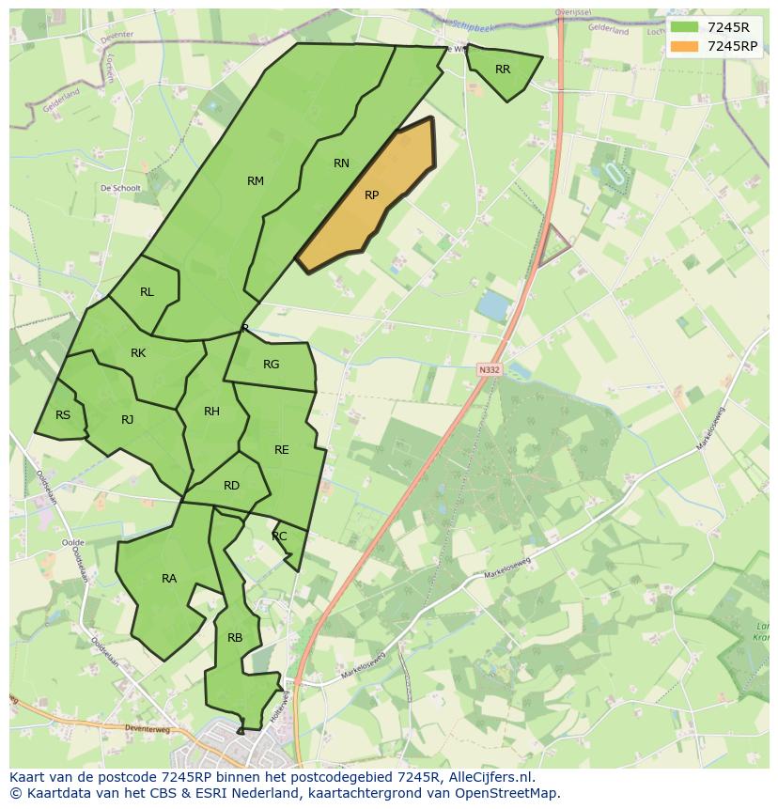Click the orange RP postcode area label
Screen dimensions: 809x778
pos(371,195)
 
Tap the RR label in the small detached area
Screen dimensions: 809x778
pos(503,70)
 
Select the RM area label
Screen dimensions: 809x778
pos(256,181)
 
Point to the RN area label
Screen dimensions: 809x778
pos(341,163)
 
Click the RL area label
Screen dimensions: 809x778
pos(147,292)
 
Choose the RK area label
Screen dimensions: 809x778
pos(138,353)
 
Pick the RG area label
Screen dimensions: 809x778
pos(271,365)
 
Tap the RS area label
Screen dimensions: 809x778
pos(63,415)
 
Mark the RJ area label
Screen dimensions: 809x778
pos(128,420)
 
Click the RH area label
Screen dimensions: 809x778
pos(211,412)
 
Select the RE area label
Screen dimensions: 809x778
pos(282,450)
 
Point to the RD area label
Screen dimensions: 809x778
pos(231,486)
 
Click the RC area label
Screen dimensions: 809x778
pos(279,537)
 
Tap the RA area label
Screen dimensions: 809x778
pos(169,579)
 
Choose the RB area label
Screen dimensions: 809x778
pos(235,638)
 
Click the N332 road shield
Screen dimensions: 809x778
pos(490,370)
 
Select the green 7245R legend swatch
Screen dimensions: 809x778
pos(684,27)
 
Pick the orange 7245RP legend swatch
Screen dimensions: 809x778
pos(684,46)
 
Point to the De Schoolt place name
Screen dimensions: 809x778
pos(120,188)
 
